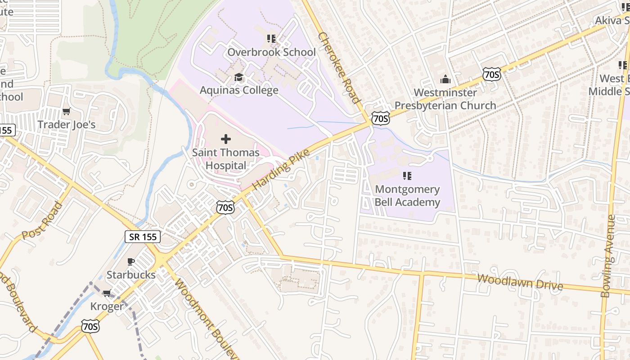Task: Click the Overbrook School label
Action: [x=271, y=52]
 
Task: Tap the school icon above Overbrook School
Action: [x=271, y=39]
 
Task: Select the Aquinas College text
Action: [x=239, y=90]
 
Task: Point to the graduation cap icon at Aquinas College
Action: [x=238, y=77]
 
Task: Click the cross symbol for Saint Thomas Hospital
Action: [x=226, y=139]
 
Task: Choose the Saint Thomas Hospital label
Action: [x=226, y=159]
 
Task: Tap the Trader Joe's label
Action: [x=67, y=125]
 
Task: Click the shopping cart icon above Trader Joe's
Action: [x=67, y=111]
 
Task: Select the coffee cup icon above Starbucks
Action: [x=131, y=261]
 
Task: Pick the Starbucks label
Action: [x=131, y=274]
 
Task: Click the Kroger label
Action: [x=107, y=306]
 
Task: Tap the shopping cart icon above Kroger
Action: [x=107, y=293]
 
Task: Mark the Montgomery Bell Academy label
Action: [x=407, y=196]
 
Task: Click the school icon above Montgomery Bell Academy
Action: [x=407, y=175]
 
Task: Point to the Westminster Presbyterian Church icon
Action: [x=445, y=80]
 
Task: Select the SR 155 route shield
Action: [x=143, y=237]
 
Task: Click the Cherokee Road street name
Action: [x=339, y=67]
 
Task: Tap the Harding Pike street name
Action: [x=281, y=169]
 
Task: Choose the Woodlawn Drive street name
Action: [x=520, y=282]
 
